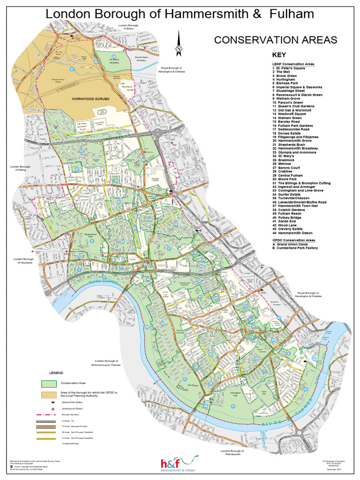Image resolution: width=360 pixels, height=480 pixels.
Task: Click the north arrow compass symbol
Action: pyautogui.click(x=178, y=43)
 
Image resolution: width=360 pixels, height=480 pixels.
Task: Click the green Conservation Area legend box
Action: pyautogui.click(x=49, y=383)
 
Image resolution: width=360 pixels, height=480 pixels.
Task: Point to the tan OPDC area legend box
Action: pyautogui.click(x=49, y=394)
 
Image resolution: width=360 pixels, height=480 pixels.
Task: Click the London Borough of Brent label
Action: pyautogui.click(x=129, y=27)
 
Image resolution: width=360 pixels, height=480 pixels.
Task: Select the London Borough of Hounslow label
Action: pyautogui.click(x=24, y=261)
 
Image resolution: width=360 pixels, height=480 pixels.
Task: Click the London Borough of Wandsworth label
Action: pyautogui.click(x=233, y=452)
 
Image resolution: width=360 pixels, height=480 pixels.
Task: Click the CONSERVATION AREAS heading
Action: pyautogui.click(x=276, y=40)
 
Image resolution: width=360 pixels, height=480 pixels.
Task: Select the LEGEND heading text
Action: pyautogui.click(x=50, y=373)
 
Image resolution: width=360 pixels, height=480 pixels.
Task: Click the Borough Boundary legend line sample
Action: pyautogui.click(x=49, y=415)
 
